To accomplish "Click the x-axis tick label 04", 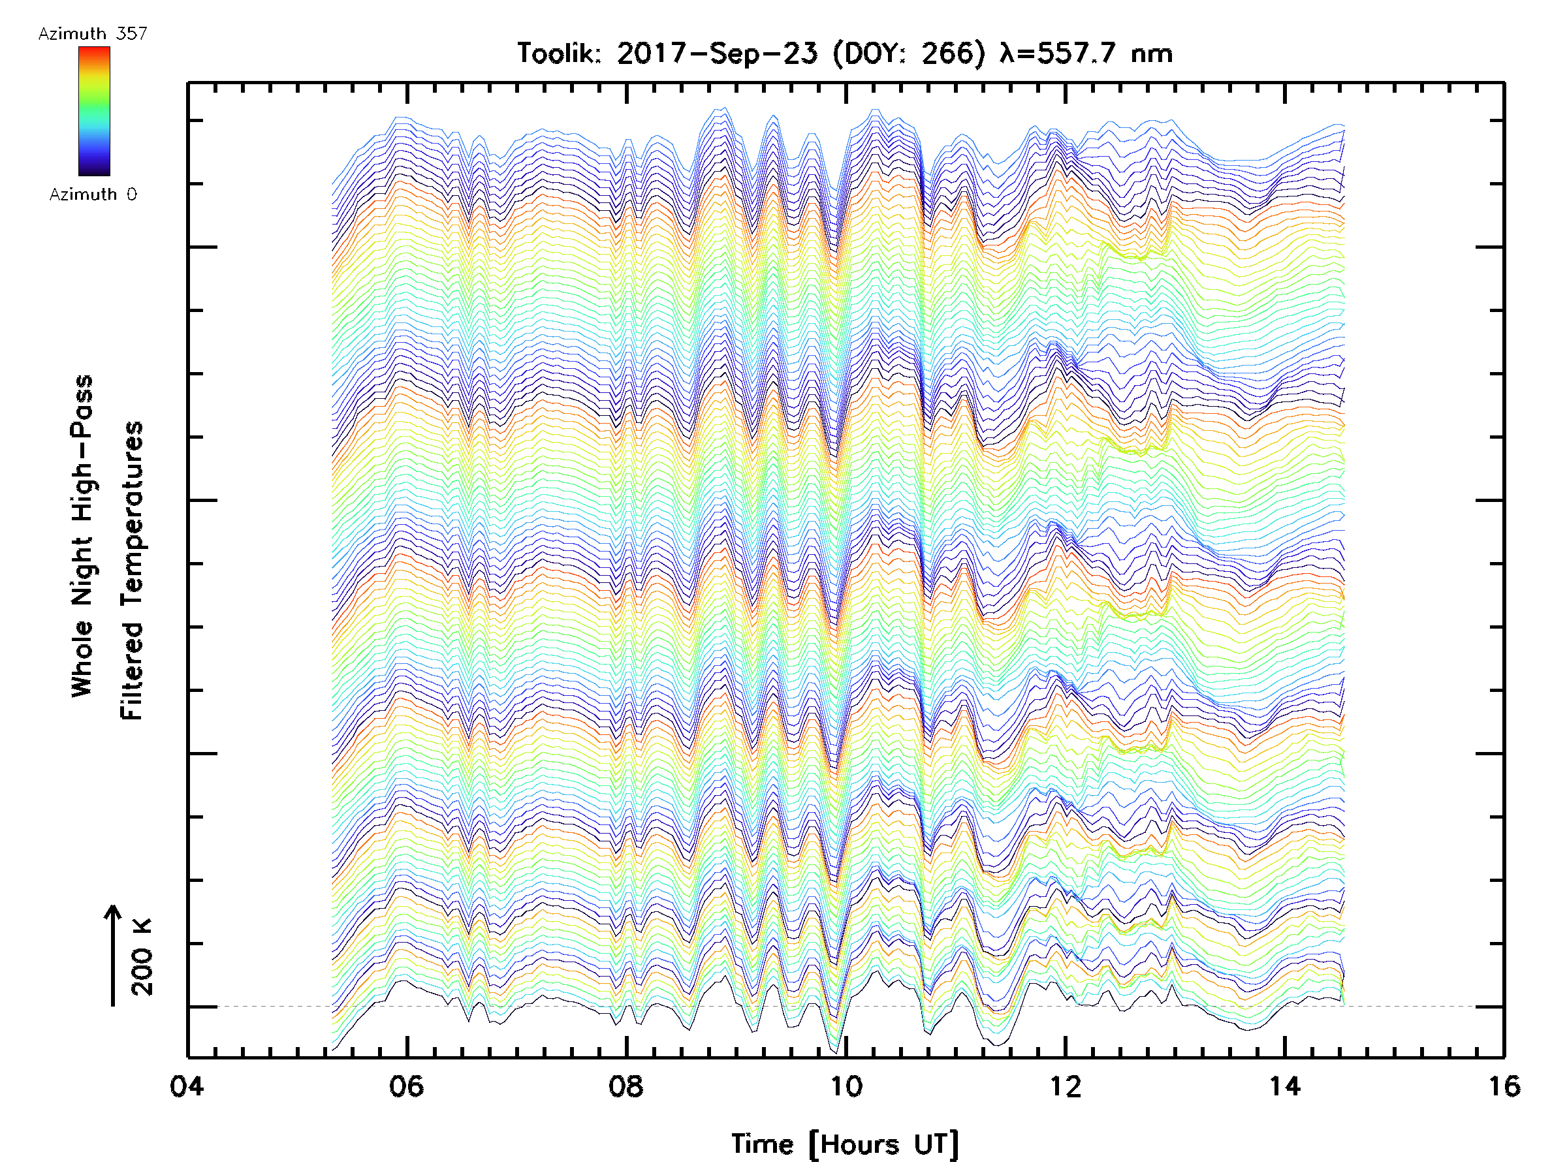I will pos(186,1086).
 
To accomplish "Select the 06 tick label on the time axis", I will pos(407,1086).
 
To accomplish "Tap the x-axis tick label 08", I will pos(626,1086).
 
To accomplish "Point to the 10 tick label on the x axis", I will pos(846,1086).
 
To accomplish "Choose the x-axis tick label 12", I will pos(1066,1086).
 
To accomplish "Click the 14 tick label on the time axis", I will pos(1284,1086).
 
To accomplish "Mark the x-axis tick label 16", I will pos(1503,1086).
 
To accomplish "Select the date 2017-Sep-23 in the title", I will pos(717,54).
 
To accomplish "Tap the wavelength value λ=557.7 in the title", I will pos(1058,54).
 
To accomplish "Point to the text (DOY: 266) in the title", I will pos(909,54).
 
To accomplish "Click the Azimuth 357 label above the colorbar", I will pos(93,33).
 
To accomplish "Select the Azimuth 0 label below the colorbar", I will pos(93,194).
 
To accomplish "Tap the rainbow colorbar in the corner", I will pos(94,111).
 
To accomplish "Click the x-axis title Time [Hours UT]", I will pos(845,1144).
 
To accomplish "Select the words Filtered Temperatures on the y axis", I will pos(132,571).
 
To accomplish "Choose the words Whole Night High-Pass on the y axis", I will pos(82,535).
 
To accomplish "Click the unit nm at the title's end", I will pos(1151,54).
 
